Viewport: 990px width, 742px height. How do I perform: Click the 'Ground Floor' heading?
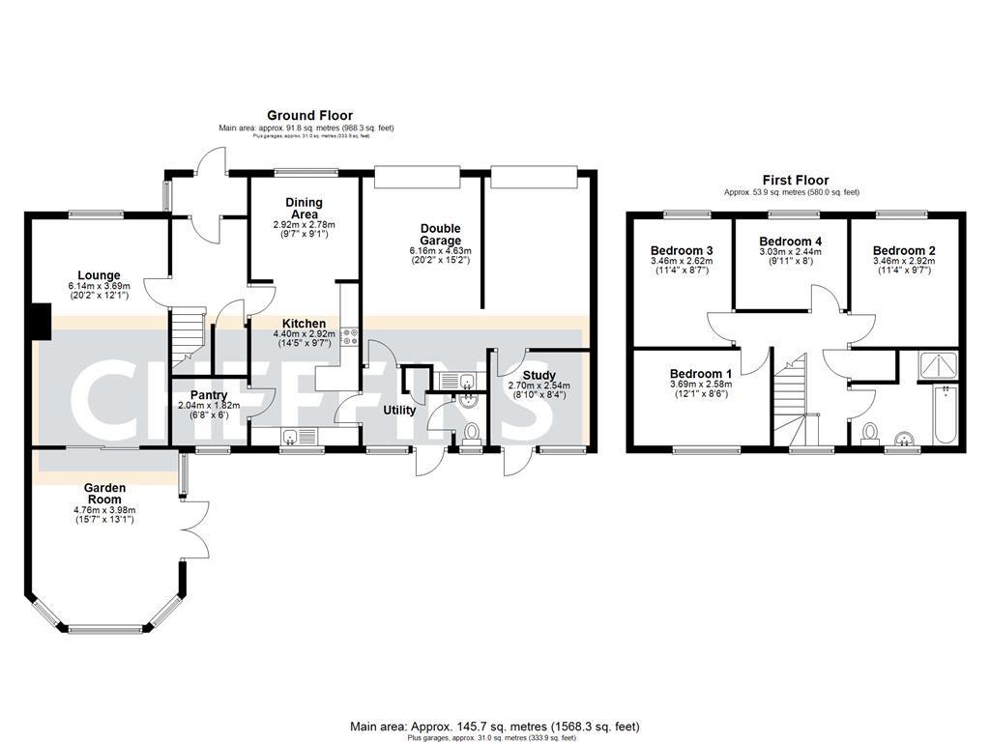tap(309, 115)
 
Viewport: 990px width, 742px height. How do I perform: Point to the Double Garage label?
tap(440, 235)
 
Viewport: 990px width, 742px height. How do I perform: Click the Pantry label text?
tap(209, 395)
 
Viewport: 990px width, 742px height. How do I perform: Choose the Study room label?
tap(539, 375)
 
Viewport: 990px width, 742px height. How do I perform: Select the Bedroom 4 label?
tap(790, 242)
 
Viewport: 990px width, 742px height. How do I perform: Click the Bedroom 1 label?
tap(701, 374)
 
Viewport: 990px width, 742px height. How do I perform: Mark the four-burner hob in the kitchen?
tap(349, 337)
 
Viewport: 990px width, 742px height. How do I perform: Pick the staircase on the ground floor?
tap(189, 339)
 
